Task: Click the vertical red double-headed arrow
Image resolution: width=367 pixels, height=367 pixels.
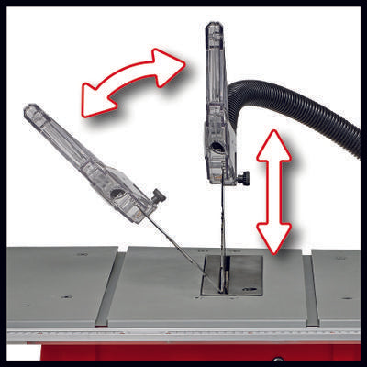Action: pyautogui.click(x=274, y=191)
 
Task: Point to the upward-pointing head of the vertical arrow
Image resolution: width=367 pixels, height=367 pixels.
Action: pyautogui.click(x=274, y=142)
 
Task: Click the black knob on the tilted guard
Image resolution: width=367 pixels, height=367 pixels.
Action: pyautogui.click(x=160, y=195)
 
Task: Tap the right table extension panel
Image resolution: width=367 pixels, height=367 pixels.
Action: pyautogui.click(x=338, y=284)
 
